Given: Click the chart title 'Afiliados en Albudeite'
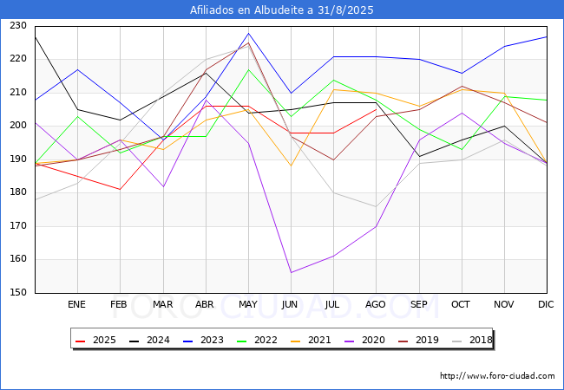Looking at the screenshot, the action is pos(247,10).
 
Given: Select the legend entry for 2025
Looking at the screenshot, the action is pos(95,340).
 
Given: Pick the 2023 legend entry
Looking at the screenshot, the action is pos(203,340).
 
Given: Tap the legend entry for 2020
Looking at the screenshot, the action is pos(364,340).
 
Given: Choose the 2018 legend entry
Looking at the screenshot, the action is pos(472,340).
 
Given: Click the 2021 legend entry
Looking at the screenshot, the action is pos(311,340).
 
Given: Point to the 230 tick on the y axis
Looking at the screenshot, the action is pos(18,25).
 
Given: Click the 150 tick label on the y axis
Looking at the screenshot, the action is pos(18,292).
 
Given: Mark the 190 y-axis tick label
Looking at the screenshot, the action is pos(18,159).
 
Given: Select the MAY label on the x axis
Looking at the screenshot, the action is pos(248,304).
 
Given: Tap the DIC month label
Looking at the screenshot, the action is pos(546,304).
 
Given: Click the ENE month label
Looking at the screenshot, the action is pos(76,304).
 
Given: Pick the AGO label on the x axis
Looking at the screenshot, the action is pos(376,304).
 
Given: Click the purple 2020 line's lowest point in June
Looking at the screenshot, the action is pos(291,273).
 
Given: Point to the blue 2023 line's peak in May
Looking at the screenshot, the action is pos(248,34).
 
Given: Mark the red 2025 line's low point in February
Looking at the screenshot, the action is pos(120,189).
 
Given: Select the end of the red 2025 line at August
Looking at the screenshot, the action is pos(377,109).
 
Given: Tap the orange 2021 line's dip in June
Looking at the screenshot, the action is pos(291,166).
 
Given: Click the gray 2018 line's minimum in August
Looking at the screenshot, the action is pos(377,206).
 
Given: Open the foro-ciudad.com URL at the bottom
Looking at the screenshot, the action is pos(497,376).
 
